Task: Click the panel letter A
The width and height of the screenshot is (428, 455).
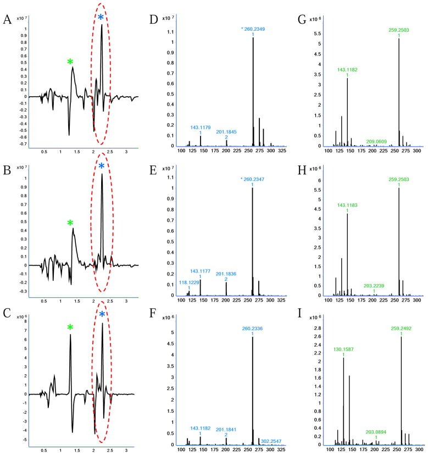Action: (8, 20)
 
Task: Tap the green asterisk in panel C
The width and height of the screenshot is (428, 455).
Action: (70, 328)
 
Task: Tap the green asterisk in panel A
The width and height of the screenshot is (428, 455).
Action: (70, 63)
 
